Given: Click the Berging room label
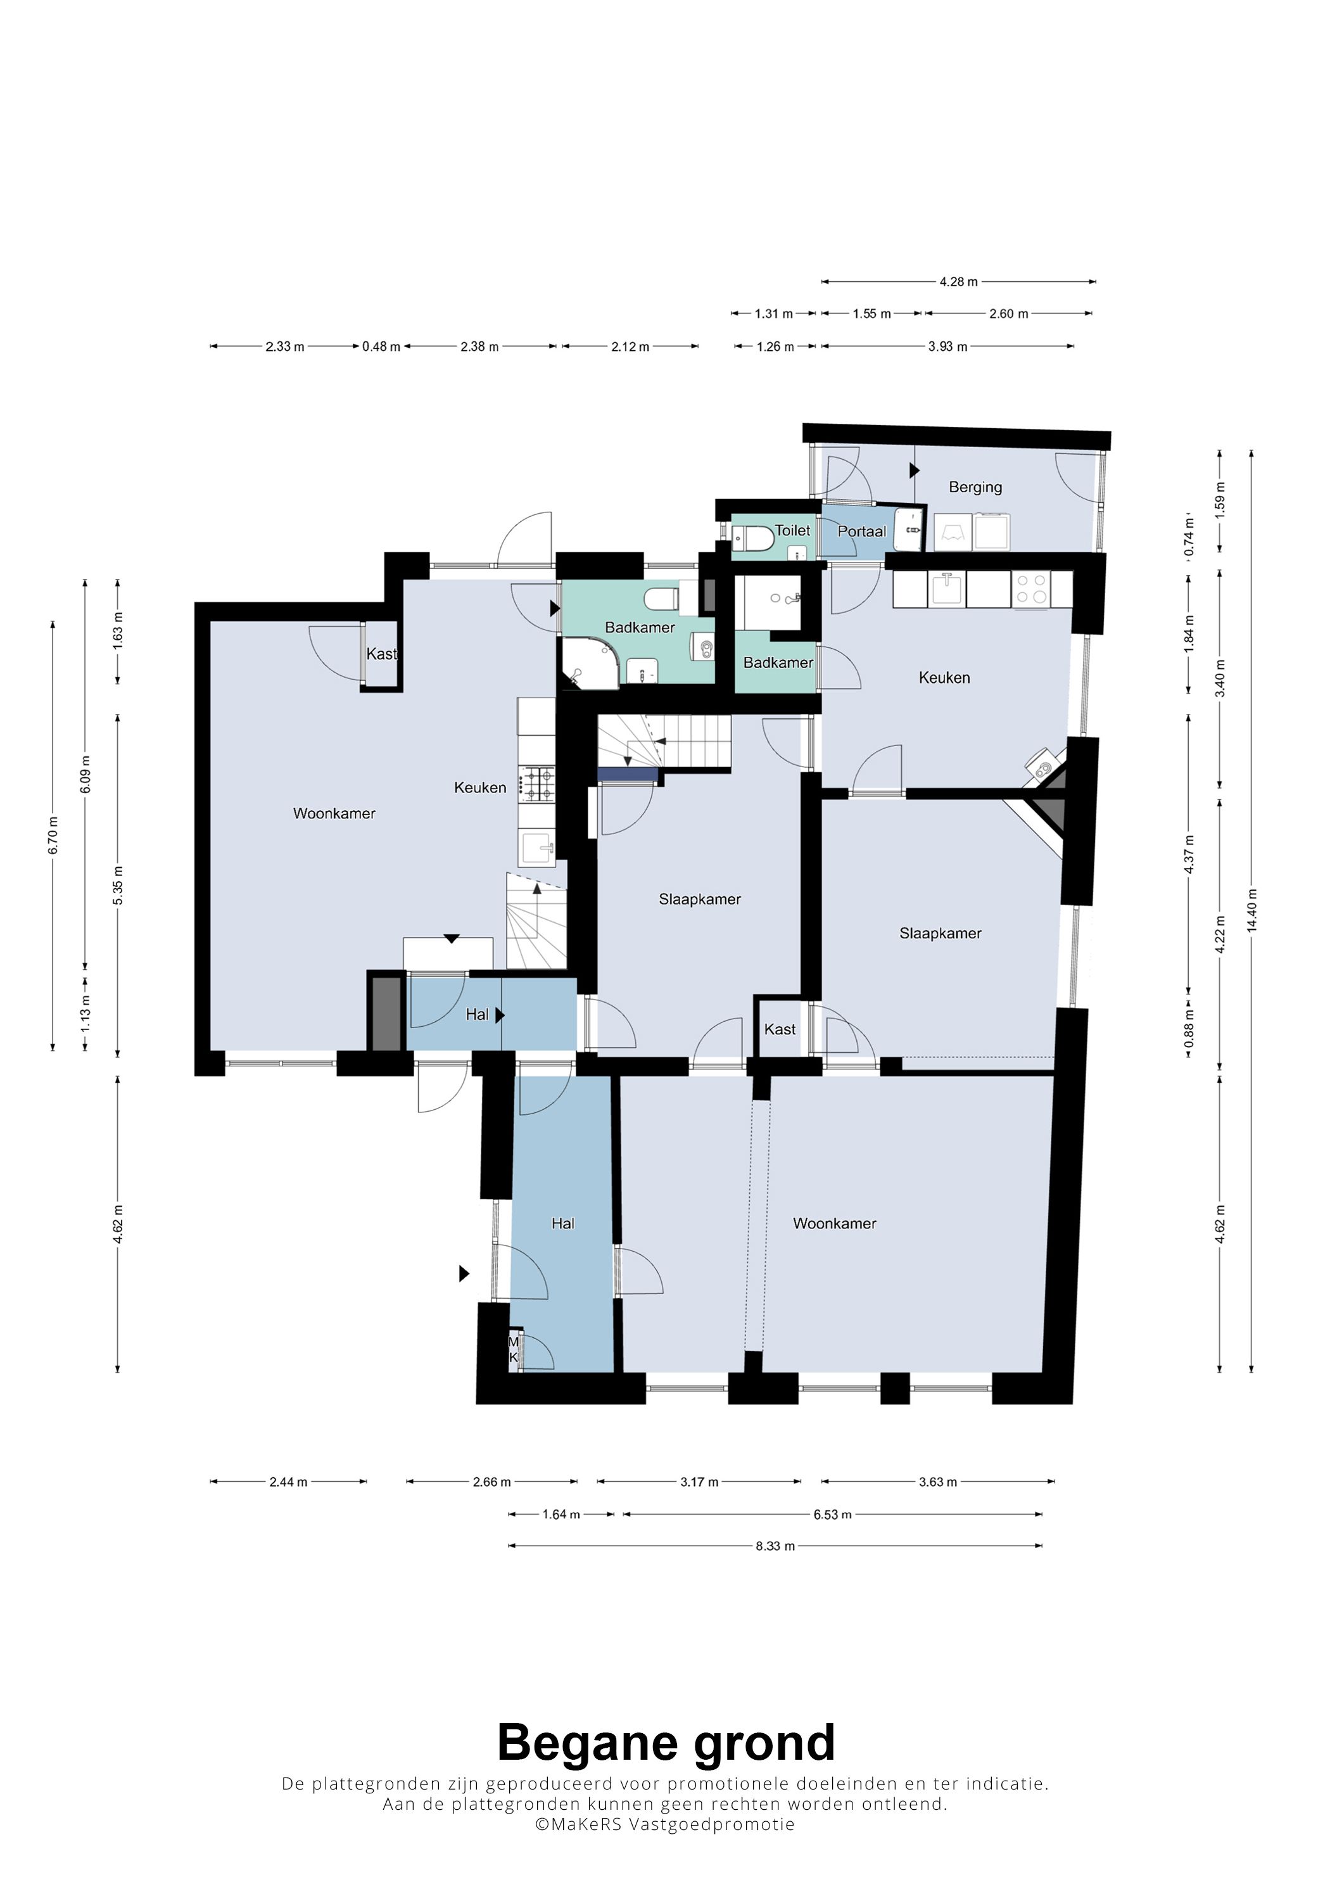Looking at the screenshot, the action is tap(975, 488).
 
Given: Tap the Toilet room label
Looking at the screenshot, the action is tap(792, 530).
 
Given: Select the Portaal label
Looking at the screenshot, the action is tap(861, 531).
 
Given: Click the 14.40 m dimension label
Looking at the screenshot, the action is tap(1251, 910).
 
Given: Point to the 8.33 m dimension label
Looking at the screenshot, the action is tap(775, 1546).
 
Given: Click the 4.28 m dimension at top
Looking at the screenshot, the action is tap(958, 282).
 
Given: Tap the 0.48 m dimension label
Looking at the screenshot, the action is tap(381, 347).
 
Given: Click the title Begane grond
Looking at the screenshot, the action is tap(666, 1743).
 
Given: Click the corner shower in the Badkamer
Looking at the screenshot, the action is tap(585, 661).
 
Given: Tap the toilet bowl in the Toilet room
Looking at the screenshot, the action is tap(753, 538).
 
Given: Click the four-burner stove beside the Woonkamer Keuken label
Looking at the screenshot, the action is tap(538, 783).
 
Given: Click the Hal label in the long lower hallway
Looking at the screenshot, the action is tap(563, 1224).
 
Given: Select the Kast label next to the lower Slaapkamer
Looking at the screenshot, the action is tap(779, 1029).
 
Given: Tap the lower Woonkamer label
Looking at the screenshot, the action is tap(834, 1224).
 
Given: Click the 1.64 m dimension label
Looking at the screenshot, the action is tap(561, 1514).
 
